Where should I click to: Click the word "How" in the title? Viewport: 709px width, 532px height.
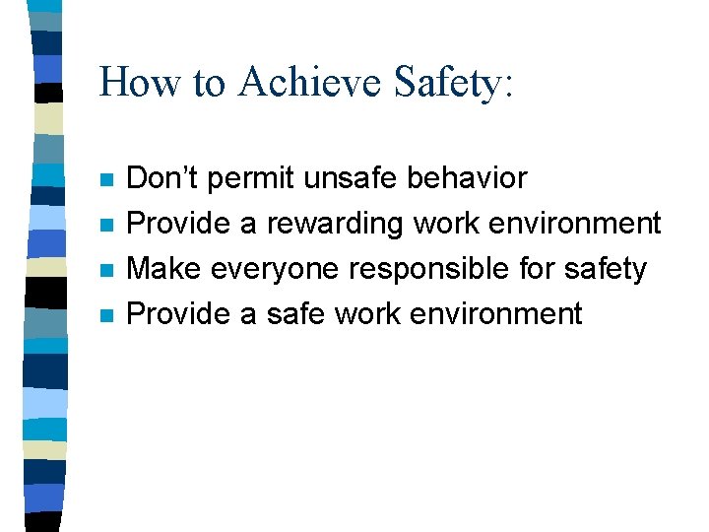(132, 82)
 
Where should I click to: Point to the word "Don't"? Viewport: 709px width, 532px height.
(162, 178)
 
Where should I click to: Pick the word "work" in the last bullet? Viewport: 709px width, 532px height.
(372, 314)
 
